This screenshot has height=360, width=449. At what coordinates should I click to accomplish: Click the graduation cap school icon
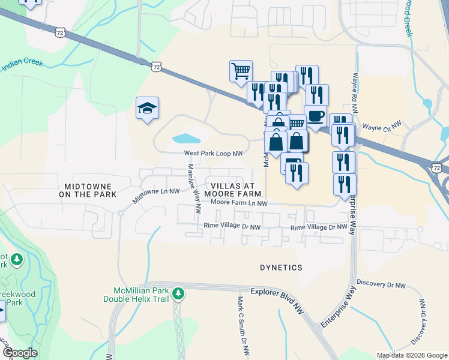147,108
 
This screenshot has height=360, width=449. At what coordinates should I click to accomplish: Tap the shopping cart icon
240,70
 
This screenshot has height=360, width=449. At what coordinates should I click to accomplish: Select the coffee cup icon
315,116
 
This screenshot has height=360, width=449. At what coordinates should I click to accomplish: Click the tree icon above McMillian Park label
178,293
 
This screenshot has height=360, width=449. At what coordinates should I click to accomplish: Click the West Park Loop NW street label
214,154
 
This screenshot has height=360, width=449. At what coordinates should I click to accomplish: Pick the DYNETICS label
281,267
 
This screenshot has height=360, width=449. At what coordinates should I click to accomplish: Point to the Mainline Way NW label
194,190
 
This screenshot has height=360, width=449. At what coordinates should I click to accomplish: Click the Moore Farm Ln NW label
238,203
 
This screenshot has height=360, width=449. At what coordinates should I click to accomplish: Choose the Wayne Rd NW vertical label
355,94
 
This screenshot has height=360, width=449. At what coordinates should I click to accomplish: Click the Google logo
20,352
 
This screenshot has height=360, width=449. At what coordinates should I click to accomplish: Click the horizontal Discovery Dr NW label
381,283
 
